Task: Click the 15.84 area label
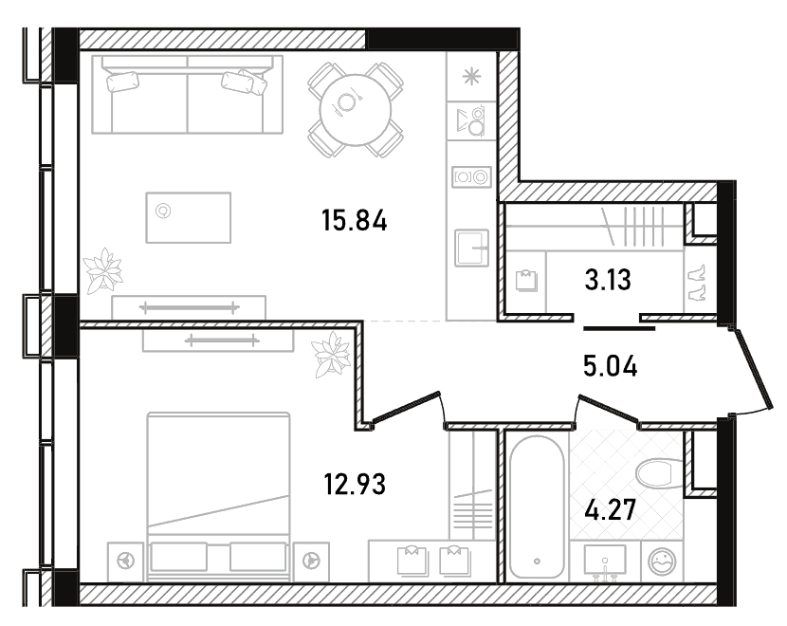tap(355, 221)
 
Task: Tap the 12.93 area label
tap(355, 485)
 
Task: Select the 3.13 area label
tap(608, 280)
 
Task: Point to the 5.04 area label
tap(611, 365)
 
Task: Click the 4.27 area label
tap(611, 509)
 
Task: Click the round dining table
tap(356, 109)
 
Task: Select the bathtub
tap(537, 506)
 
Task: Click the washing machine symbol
tap(662, 562)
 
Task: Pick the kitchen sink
tap(472, 248)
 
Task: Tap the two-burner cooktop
tap(471, 176)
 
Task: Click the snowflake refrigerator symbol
tap(471, 77)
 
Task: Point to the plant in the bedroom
tap(331, 354)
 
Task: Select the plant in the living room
tap(104, 270)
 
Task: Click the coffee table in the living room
tap(189, 217)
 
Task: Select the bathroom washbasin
tap(605, 561)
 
